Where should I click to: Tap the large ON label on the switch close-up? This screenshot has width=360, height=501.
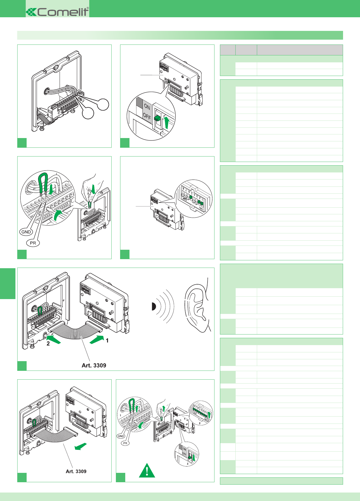coord(147,107)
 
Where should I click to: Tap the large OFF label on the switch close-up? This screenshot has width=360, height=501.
coord(147,116)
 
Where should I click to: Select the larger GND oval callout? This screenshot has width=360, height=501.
coord(26,232)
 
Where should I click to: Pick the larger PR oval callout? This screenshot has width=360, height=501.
coord(33,243)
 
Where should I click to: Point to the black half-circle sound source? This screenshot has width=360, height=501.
coord(153,307)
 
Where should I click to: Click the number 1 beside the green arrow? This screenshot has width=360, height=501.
coord(107,341)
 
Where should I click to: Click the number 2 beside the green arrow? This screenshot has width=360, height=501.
coord(48,344)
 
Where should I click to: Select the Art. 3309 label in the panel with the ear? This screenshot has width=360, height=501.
coord(94,365)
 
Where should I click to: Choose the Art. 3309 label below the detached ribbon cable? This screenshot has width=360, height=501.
coord(76,471)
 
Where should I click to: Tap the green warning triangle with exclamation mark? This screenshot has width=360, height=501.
coord(147,471)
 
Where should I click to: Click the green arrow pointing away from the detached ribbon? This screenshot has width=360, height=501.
coord(81,446)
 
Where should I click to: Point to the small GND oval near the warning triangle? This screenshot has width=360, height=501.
coord(121,436)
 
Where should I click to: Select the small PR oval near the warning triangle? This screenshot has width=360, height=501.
coord(125,443)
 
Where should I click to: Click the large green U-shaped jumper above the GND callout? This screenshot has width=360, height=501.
coord(42,183)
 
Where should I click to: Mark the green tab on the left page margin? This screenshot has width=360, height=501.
coord(8,283)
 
